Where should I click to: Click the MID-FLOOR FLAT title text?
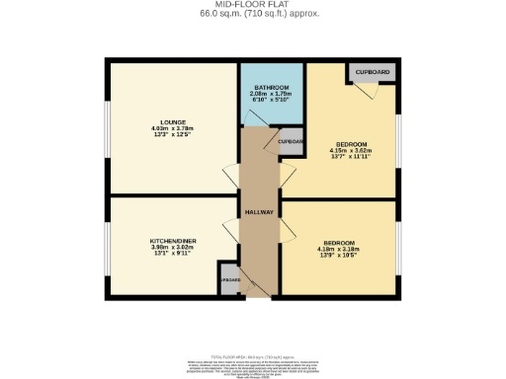[x=252, y=5]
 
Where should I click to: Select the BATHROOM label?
[x=271, y=87]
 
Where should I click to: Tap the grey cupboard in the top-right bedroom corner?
[x=371, y=72]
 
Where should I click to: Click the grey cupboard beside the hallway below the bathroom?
[x=292, y=141]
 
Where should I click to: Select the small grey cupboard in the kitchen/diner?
[x=229, y=279]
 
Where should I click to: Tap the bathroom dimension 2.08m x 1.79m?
[x=271, y=94]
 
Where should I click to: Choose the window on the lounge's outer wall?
[x=107, y=128]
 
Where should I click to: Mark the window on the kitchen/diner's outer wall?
[x=107, y=248]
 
